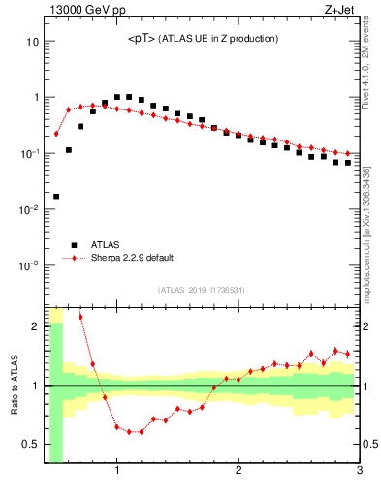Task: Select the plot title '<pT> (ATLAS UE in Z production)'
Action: pyautogui.click(x=203, y=39)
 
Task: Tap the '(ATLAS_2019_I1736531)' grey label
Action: pyautogui.click(x=203, y=289)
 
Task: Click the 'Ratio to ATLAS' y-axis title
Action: pyautogui.click(x=15, y=386)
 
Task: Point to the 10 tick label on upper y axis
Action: pyautogui.click(x=32, y=42)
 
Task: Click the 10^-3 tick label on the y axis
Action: pyautogui.click(x=29, y=265)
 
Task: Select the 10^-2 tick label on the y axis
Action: pyautogui.click(x=29, y=209)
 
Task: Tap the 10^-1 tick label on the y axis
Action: pyautogui.click(x=29, y=153)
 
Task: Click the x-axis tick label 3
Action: pyautogui.click(x=359, y=472)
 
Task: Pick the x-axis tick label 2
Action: pyautogui.click(x=238, y=472)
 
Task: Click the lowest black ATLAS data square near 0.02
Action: pyautogui.click(x=56, y=197)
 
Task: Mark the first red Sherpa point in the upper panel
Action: pyautogui.click(x=56, y=134)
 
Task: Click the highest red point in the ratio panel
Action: pyautogui.click(x=80, y=317)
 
